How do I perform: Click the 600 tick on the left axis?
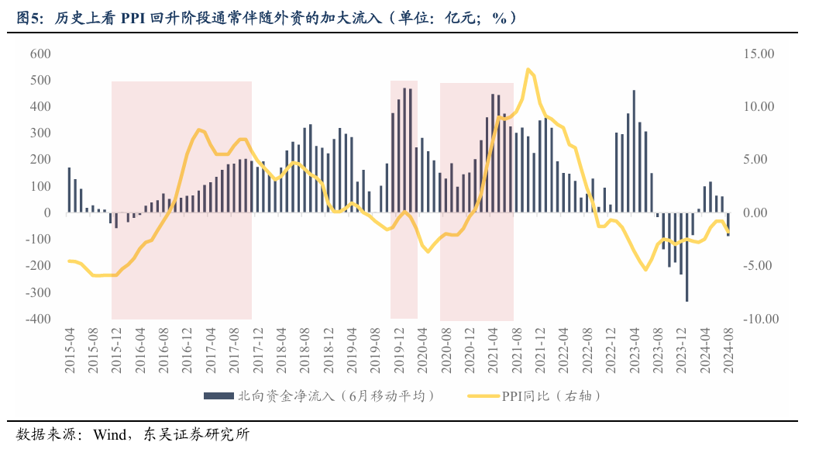pyautogui.click(x=40, y=54)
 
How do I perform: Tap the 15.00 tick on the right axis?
pyautogui.click(x=758, y=54)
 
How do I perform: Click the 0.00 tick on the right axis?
pyautogui.click(x=761, y=212)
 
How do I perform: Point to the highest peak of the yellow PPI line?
pyautogui.click(x=528, y=70)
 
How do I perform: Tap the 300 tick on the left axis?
pyautogui.click(x=40, y=133)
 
